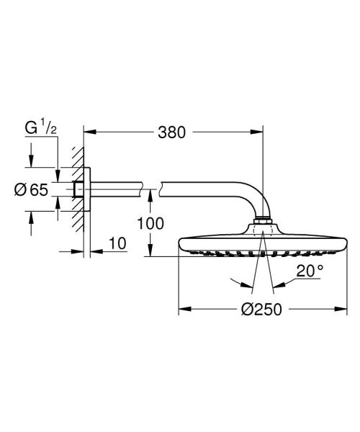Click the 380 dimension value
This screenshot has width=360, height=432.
point(171,132)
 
